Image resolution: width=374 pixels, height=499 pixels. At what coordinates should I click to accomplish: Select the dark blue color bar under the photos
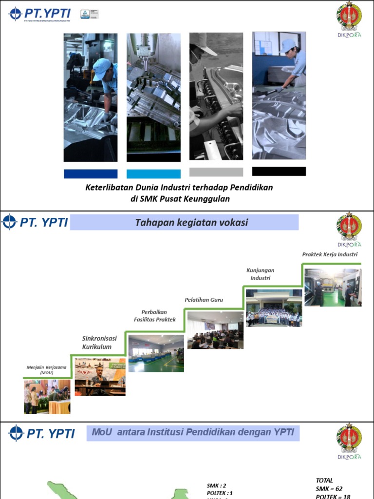click(x=91, y=174)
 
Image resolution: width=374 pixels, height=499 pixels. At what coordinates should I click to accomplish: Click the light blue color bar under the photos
click(x=153, y=174)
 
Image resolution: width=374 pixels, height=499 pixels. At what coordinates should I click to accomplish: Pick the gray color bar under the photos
click(x=216, y=172)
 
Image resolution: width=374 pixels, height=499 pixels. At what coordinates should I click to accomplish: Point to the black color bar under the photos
click(x=279, y=172)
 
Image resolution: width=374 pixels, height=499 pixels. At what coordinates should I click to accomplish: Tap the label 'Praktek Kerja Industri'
click(x=330, y=254)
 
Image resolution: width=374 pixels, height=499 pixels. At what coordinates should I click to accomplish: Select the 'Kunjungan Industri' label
click(x=260, y=274)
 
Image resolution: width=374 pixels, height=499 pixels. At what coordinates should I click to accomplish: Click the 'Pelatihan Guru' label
click(x=204, y=300)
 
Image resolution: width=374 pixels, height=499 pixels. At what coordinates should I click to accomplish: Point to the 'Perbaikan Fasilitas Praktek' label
click(x=155, y=315)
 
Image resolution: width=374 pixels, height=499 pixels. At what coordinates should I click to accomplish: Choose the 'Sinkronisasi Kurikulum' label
click(x=99, y=343)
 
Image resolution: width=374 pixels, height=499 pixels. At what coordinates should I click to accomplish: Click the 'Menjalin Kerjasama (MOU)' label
click(x=47, y=369)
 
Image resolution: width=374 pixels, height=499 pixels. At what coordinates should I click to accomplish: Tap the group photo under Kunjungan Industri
click(x=274, y=308)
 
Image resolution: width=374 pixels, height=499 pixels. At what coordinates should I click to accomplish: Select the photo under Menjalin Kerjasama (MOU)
click(x=47, y=397)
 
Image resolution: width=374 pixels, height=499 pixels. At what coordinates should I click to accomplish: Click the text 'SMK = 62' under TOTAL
click(x=332, y=489)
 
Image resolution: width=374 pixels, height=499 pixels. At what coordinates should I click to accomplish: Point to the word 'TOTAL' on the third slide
click(x=324, y=480)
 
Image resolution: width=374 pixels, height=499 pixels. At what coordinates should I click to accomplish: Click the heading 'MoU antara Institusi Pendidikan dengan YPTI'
click(x=192, y=432)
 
